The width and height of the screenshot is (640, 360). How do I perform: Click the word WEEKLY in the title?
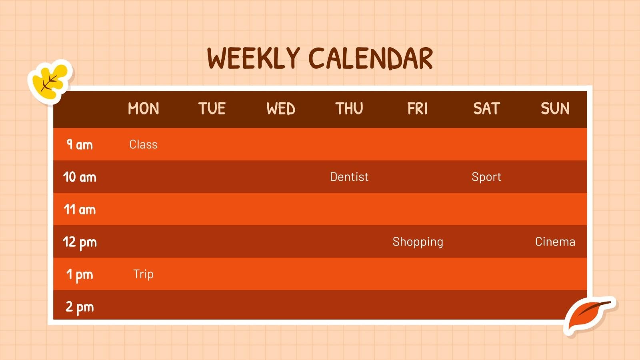(253, 58)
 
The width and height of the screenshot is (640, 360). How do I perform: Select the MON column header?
(143, 109)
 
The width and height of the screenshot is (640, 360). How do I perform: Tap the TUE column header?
(212, 109)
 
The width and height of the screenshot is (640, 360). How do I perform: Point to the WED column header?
(281, 109)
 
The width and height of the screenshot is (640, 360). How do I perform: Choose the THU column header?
(349, 109)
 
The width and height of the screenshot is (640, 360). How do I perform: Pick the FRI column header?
(418, 109)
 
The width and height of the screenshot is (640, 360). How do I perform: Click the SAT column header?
(486, 109)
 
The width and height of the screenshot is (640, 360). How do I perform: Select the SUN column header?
(555, 109)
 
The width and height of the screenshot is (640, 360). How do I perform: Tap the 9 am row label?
(80, 144)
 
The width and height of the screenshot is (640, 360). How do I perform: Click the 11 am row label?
(80, 209)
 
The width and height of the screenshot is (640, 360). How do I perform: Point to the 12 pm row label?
(80, 242)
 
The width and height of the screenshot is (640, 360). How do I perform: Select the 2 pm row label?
(80, 307)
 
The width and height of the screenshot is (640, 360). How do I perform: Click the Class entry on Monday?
(143, 144)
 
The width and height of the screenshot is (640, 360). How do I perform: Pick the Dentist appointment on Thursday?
(349, 177)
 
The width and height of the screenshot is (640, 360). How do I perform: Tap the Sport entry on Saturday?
(486, 177)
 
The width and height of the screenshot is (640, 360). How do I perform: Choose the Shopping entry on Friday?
(418, 242)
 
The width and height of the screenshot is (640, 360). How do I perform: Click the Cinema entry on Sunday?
(555, 242)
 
